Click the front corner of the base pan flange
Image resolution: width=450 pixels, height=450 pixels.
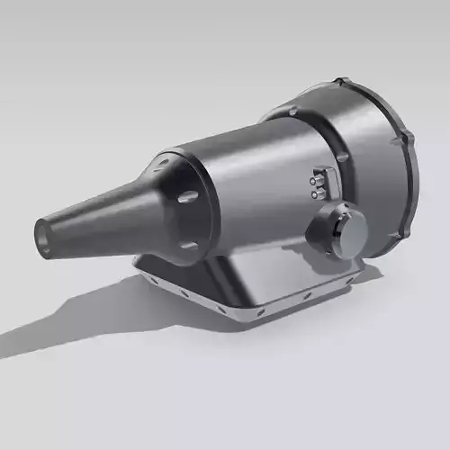pyautogui.click(x=236, y=317)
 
